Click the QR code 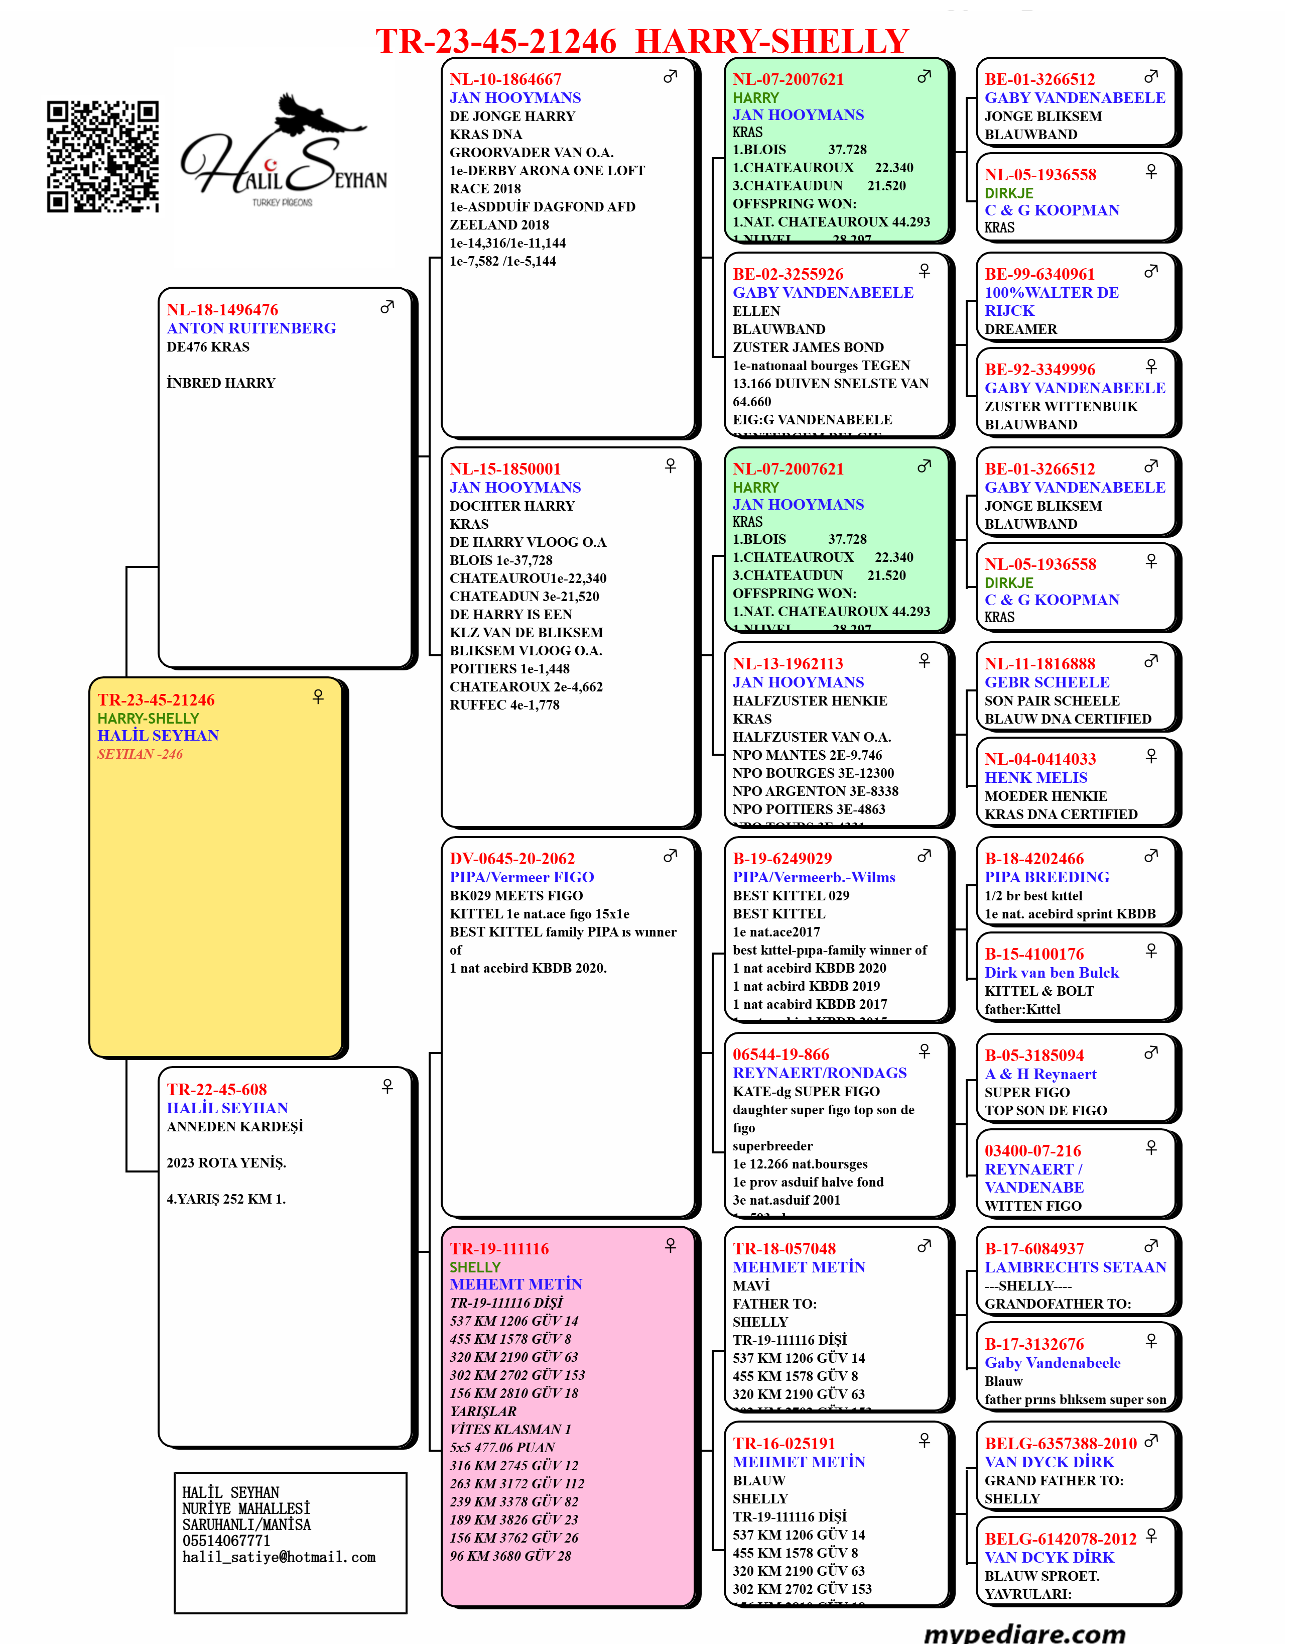[x=103, y=156]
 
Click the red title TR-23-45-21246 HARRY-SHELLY [x=642, y=41]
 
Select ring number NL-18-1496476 [x=222, y=310]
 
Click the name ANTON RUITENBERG [x=251, y=328]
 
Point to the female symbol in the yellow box [x=318, y=696]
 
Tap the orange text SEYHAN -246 [x=140, y=754]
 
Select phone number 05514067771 [x=226, y=1540]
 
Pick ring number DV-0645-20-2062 [x=512, y=859]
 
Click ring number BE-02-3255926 [x=788, y=274]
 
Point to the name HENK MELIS [x=1036, y=778]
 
